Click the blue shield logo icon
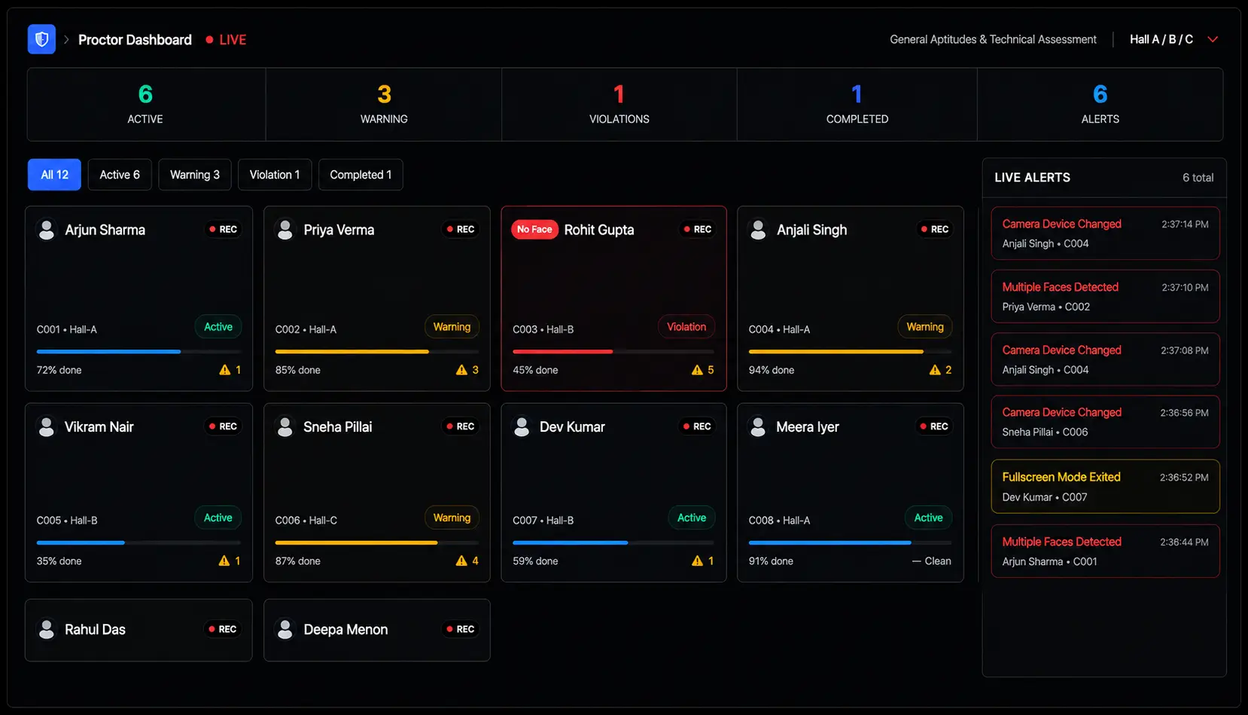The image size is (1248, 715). pos(42,39)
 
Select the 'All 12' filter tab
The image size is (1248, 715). pos(55,175)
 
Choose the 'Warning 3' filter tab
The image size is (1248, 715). pos(194,175)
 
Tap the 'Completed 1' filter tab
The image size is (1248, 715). pos(361,175)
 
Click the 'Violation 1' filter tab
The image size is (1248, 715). pos(275,175)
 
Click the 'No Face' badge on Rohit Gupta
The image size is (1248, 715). pos(534,229)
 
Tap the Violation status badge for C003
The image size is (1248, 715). pos(686,327)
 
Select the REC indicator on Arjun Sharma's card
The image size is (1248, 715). pos(223,229)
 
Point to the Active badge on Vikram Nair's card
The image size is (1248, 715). pos(218,518)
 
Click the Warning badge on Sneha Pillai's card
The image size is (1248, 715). pos(452,518)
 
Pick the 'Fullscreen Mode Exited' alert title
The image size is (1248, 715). pos(1061,477)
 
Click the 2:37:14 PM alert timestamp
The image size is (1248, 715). pos(1185,225)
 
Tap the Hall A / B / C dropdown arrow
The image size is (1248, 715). pos(1213,40)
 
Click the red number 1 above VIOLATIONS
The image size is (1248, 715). pos(619,94)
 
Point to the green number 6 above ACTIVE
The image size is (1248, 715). pos(145,94)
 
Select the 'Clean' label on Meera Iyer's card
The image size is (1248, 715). pos(938,561)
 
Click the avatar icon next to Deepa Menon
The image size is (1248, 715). pos(285,629)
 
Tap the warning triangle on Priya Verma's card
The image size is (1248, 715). pos(461,370)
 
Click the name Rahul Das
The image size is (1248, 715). pos(96,629)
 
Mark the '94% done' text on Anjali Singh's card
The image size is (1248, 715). pos(771,371)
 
